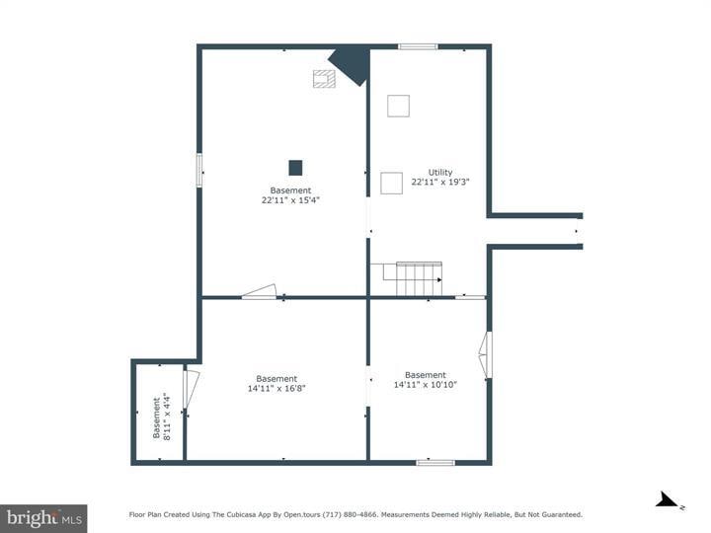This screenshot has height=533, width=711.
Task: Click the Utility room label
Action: [439, 172]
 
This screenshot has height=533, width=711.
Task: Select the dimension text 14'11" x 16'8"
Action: [276, 389]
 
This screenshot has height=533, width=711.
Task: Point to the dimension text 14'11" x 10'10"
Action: [426, 385]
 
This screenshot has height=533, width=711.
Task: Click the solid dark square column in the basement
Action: [295, 167]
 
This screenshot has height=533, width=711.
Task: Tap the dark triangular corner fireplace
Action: [351, 64]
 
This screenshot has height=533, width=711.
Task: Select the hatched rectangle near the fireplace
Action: [324, 78]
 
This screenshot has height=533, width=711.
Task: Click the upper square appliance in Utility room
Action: [398, 106]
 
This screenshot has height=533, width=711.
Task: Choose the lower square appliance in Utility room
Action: [391, 183]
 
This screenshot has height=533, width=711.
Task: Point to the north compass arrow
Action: [668, 500]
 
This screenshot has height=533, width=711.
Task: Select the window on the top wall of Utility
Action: [418, 46]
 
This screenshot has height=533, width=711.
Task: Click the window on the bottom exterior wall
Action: [434, 462]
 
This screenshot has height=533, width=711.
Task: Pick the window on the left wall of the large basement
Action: [199, 170]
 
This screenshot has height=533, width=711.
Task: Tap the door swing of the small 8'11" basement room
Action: [192, 388]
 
